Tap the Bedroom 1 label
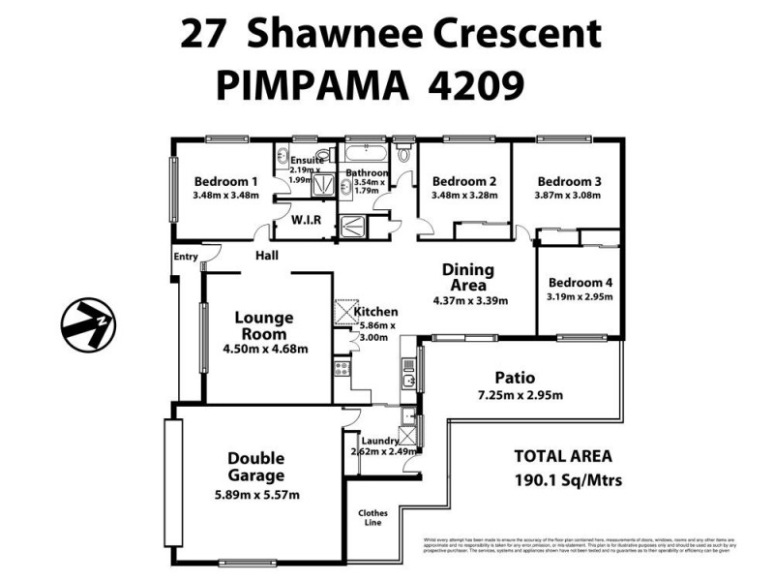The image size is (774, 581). pyautogui.click(x=225, y=181)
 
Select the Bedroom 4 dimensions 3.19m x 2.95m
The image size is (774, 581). pyautogui.click(x=580, y=297)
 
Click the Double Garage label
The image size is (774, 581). pyautogui.click(x=255, y=467)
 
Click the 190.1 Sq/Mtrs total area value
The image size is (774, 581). pyautogui.click(x=568, y=480)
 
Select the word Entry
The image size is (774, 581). pyautogui.click(x=185, y=257)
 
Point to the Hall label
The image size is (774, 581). pyautogui.click(x=267, y=256)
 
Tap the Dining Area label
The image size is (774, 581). pyautogui.click(x=468, y=277)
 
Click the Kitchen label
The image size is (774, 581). pyautogui.click(x=375, y=312)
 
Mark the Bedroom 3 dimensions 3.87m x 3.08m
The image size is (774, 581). pyautogui.click(x=569, y=195)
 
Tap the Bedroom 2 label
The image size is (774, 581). pyautogui.click(x=464, y=181)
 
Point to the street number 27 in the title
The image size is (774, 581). pyautogui.click(x=203, y=35)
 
